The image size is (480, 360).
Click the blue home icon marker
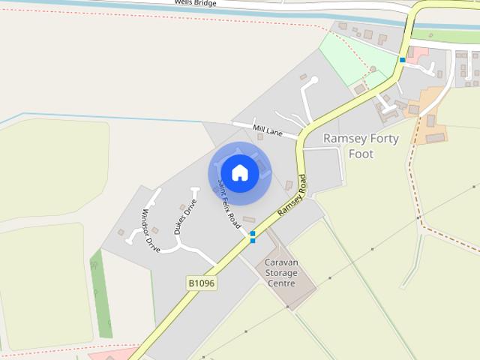tap(239, 172)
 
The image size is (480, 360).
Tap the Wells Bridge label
tap(196, 3)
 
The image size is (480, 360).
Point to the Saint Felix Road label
tap(229, 204)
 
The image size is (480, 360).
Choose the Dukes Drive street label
tap(184, 217)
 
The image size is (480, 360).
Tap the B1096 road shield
tap(201, 283)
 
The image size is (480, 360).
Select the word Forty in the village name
tap(383, 139)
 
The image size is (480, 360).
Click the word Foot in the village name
tap(360, 154)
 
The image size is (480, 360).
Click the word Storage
tap(281, 273)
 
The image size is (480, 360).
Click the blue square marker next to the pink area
tap(403, 59)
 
